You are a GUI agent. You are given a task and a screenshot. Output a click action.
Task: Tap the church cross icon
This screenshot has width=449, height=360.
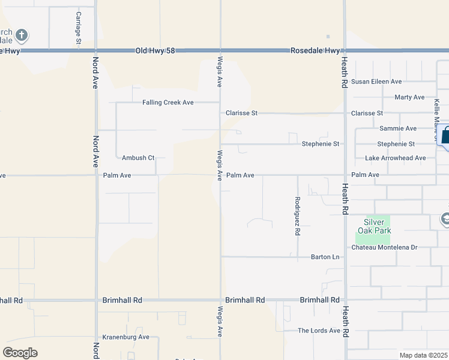[x=22, y=35]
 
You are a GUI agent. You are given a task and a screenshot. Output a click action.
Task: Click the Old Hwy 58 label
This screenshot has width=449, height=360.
[x=155, y=52]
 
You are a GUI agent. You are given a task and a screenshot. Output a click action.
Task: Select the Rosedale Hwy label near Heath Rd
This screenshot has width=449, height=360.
[x=315, y=52]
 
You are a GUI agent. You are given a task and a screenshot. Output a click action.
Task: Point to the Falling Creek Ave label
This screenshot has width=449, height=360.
[x=167, y=103]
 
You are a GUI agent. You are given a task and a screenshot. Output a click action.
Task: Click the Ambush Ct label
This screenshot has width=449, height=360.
[x=138, y=158]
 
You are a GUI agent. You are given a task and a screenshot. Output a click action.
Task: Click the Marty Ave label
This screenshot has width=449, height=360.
[x=409, y=97]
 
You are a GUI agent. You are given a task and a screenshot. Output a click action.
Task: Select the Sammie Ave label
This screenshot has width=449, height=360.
[x=398, y=128]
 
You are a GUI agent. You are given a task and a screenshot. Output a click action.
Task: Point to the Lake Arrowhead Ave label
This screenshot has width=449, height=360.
[x=396, y=158]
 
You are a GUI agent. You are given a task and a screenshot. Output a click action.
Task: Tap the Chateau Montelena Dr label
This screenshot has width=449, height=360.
[x=384, y=247]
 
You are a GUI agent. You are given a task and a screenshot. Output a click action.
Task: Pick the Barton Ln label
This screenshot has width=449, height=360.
[x=325, y=257]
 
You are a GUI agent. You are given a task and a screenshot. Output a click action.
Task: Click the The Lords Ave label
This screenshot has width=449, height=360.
[x=319, y=331]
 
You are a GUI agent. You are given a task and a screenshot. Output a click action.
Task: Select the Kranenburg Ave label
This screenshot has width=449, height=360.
[x=125, y=337]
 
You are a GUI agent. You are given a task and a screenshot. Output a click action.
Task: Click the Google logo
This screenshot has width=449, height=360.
[x=20, y=353]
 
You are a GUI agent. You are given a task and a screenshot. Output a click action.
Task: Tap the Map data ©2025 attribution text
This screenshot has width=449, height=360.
[x=423, y=355]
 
